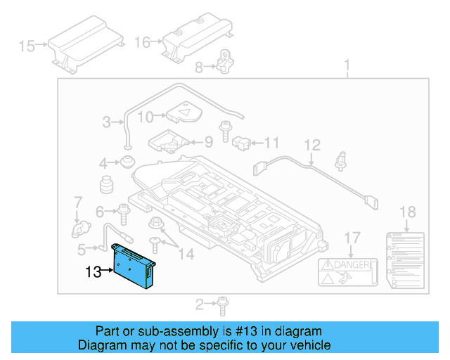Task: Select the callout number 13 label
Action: click(94, 271)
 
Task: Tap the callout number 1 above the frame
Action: click(347, 67)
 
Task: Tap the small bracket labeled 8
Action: click(224, 61)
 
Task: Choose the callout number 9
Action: click(208, 141)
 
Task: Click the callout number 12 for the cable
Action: click(312, 146)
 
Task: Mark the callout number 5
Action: click(82, 248)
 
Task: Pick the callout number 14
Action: click(186, 254)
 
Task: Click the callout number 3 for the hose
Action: click(107, 122)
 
